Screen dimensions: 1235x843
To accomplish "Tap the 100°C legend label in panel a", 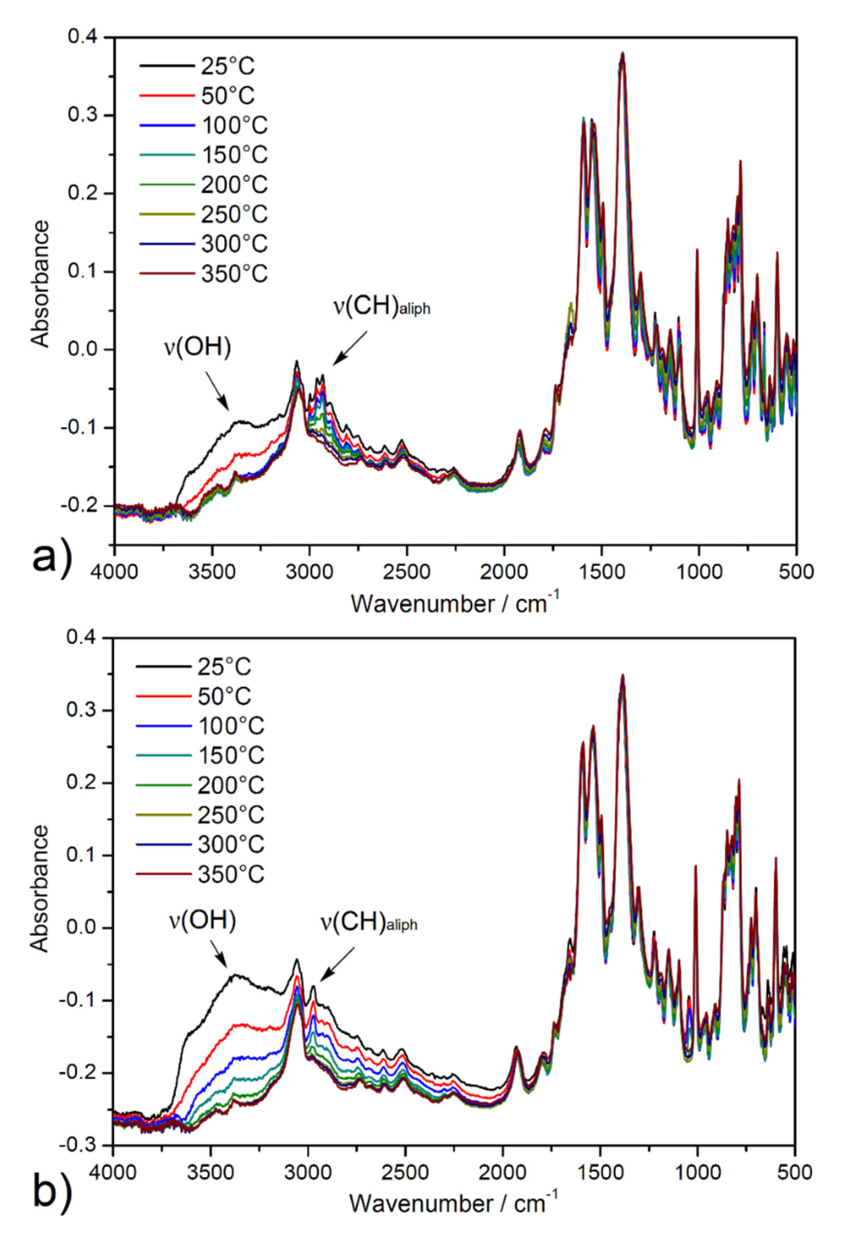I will coord(234,126).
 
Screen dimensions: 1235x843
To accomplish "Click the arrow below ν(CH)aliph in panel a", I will coord(350,348).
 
